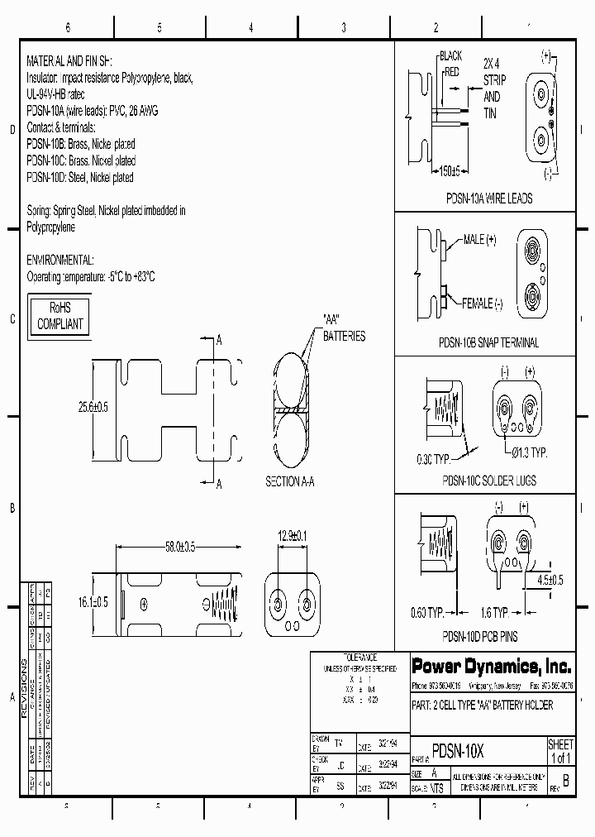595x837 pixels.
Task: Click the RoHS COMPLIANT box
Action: pyautogui.click(x=60, y=316)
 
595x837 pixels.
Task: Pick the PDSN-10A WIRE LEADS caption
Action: pyautogui.click(x=489, y=198)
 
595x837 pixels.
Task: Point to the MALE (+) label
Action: pyautogui.click(x=479, y=239)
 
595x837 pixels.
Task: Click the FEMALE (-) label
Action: pyautogui.click(x=482, y=303)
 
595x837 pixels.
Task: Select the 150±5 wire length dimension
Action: pyautogui.click(x=450, y=170)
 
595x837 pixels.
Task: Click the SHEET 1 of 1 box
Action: pyautogui.click(x=560, y=752)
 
